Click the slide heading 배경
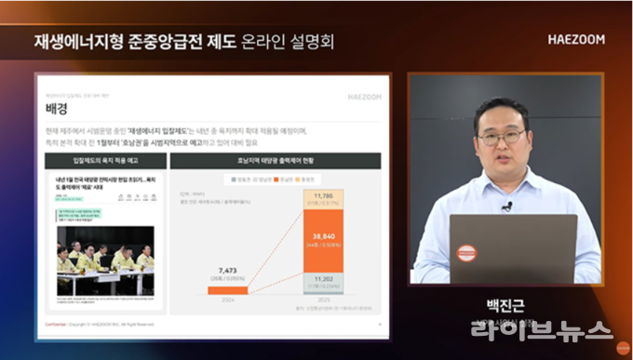(57, 109)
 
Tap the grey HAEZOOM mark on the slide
(366, 95)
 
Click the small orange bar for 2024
(228, 290)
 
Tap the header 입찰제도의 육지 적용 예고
(100, 160)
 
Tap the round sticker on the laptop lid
(467, 254)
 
